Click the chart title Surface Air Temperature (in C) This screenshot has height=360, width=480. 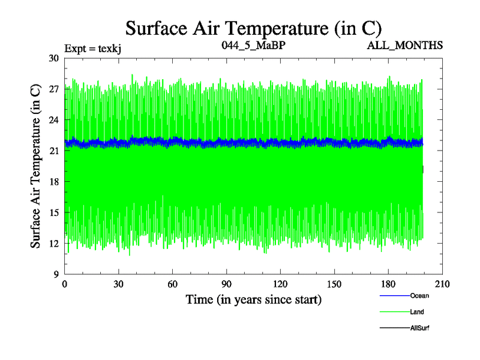(x=253, y=28)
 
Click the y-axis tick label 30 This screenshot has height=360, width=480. (x=53, y=58)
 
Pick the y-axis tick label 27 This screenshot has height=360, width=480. (x=53, y=89)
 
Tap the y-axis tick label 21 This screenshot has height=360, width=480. (x=53, y=151)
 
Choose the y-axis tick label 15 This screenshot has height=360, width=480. (x=53, y=212)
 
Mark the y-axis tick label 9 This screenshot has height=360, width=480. (x=56, y=274)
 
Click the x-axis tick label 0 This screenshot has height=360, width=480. (x=65, y=284)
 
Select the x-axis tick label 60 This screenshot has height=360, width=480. (x=173, y=284)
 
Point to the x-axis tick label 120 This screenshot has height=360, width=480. (x=281, y=284)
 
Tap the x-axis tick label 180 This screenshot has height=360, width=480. (x=389, y=284)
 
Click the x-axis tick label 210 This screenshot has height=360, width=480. (x=443, y=284)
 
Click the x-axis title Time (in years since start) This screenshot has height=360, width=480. (x=253, y=299)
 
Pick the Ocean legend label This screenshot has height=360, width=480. (x=419, y=296)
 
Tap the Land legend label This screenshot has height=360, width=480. (x=417, y=312)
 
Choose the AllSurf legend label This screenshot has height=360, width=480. (x=420, y=328)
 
